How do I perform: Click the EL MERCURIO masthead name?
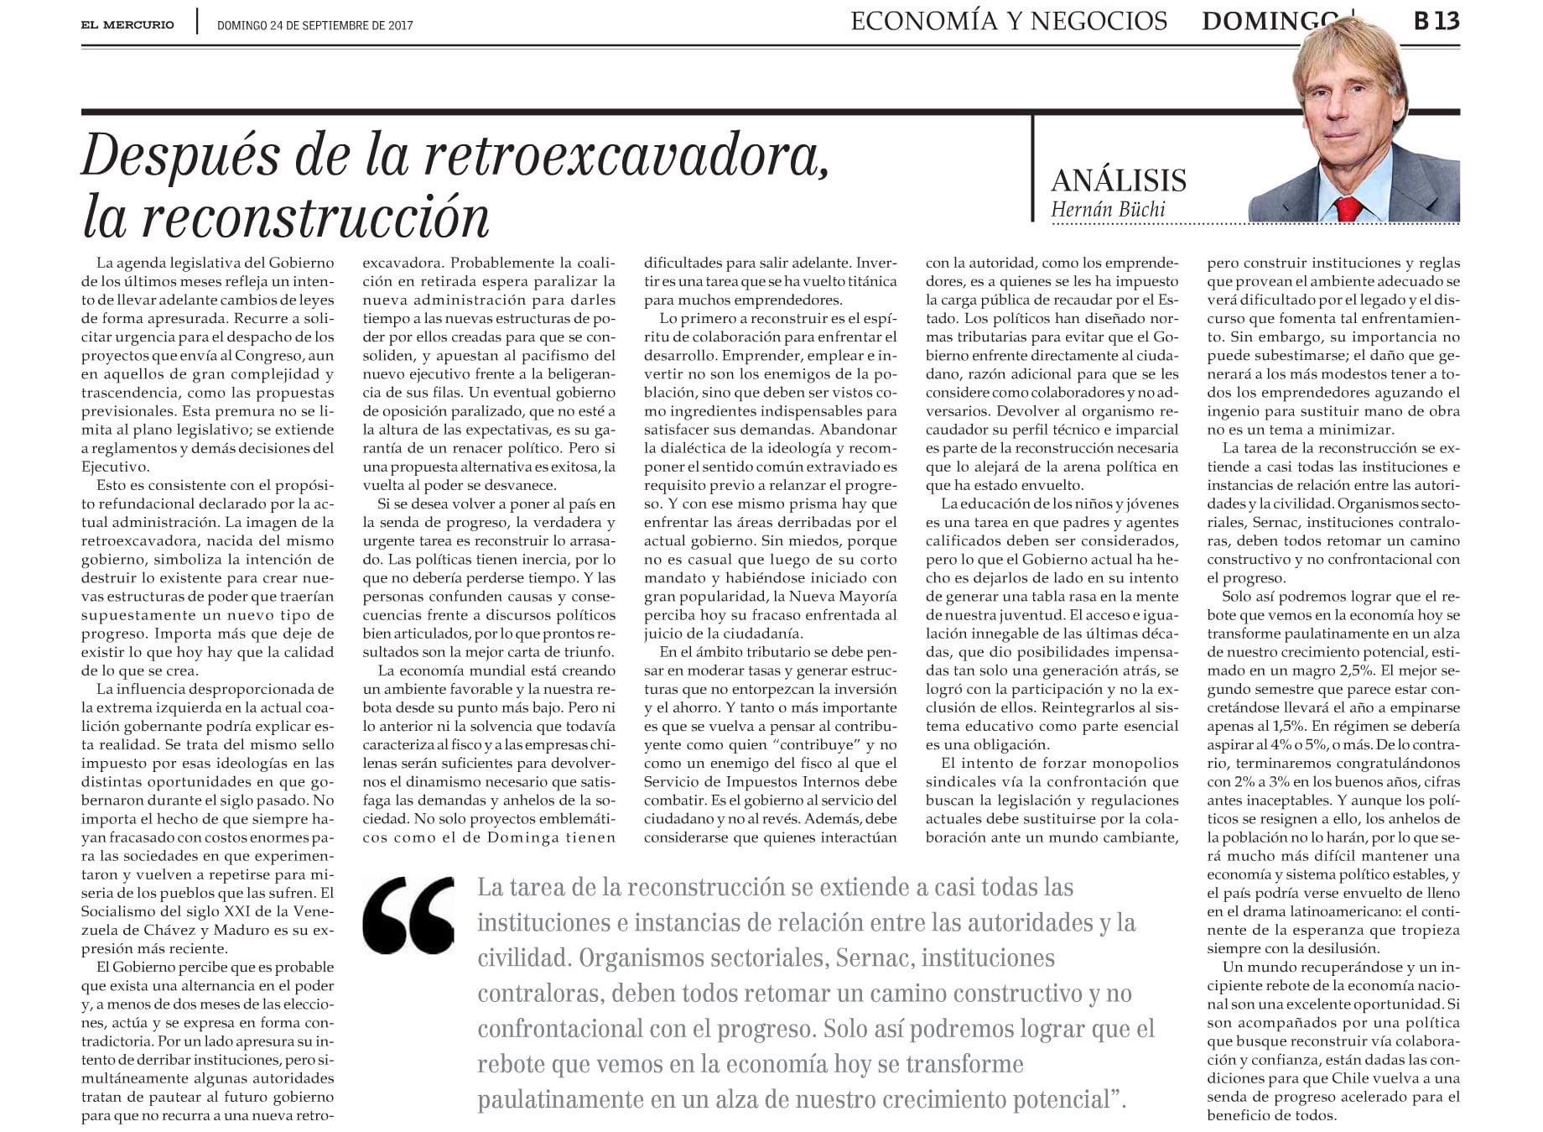pyautogui.click(x=127, y=24)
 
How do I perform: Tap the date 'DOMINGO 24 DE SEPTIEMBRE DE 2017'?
pyautogui.click(x=314, y=25)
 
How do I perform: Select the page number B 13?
pyautogui.click(x=1436, y=21)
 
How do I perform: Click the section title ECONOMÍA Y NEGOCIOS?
pyautogui.click(x=1009, y=21)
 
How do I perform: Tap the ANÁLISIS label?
pyautogui.click(x=1119, y=180)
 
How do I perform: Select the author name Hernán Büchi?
pyautogui.click(x=1108, y=209)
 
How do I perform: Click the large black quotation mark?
pyautogui.click(x=409, y=916)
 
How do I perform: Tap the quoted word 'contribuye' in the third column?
pyautogui.click(x=813, y=744)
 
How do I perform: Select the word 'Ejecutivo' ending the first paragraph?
pyautogui.click(x=116, y=467)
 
